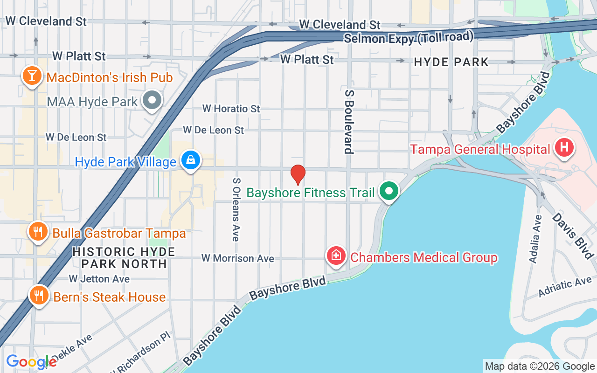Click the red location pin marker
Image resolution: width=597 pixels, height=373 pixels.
pos(298,175)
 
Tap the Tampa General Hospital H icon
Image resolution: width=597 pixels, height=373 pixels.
pos(564,148)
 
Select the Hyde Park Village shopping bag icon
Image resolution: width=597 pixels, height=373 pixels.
pos(191,161)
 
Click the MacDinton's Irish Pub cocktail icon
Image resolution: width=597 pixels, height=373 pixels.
pos(32,76)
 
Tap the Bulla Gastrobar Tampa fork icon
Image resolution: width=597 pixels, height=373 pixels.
pos(38,232)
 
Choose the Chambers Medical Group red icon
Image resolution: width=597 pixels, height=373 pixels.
pos(336,256)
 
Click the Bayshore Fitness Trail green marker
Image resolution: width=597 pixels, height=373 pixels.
pos(389,191)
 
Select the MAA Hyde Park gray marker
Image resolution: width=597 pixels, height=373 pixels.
pos(152,100)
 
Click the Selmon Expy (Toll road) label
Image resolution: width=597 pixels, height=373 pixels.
pos(409,37)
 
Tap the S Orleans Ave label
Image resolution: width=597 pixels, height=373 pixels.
pos(236,209)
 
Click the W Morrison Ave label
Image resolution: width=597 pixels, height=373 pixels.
pos(237,258)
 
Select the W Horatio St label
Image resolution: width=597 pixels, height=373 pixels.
pos(231,109)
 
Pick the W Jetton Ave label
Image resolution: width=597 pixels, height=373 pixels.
pos(99,279)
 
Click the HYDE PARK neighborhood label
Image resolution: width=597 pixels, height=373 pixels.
pos(451,62)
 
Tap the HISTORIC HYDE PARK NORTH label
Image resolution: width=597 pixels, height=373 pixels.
pos(124,258)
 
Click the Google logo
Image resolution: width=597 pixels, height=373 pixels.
pos(31,362)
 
